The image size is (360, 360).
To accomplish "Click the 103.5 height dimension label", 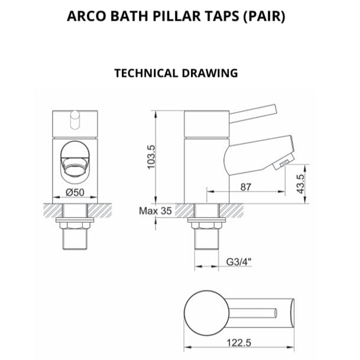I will tap(151, 157).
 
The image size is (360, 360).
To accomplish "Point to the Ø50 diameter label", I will tap(75, 192).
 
